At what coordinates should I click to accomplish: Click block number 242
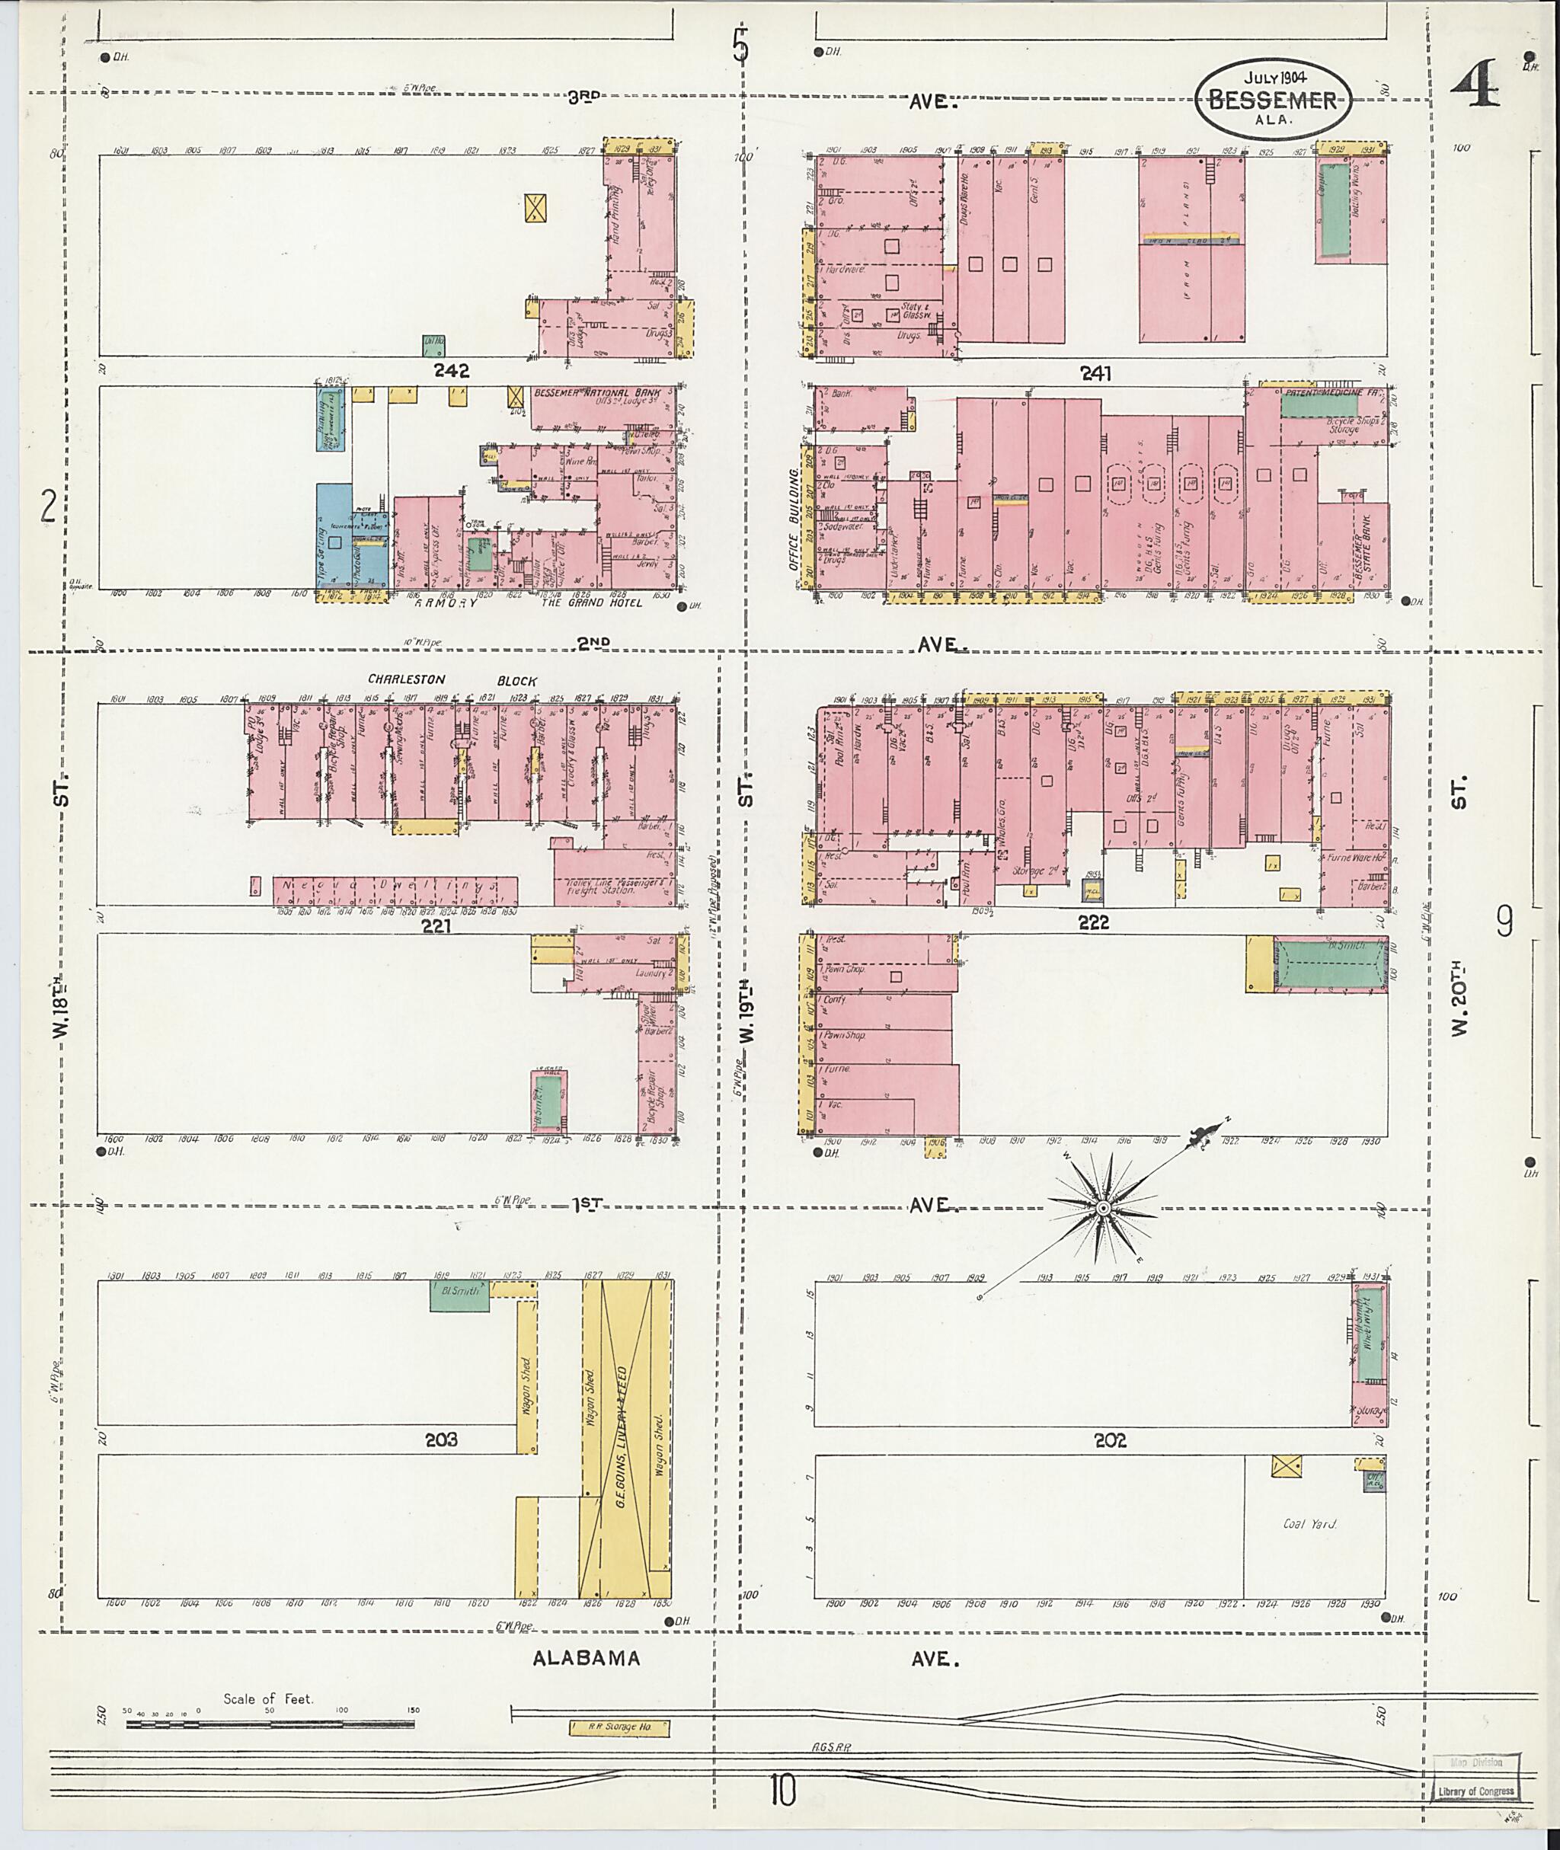[451, 372]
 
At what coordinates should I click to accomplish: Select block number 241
[1095, 374]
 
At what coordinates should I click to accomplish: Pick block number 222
[1094, 922]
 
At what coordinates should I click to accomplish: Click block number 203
[440, 1439]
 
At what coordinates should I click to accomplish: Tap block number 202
[1110, 1440]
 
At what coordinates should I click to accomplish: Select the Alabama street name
[586, 1659]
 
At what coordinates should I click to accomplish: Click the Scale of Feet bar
[270, 1724]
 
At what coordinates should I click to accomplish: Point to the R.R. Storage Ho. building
[619, 1727]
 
